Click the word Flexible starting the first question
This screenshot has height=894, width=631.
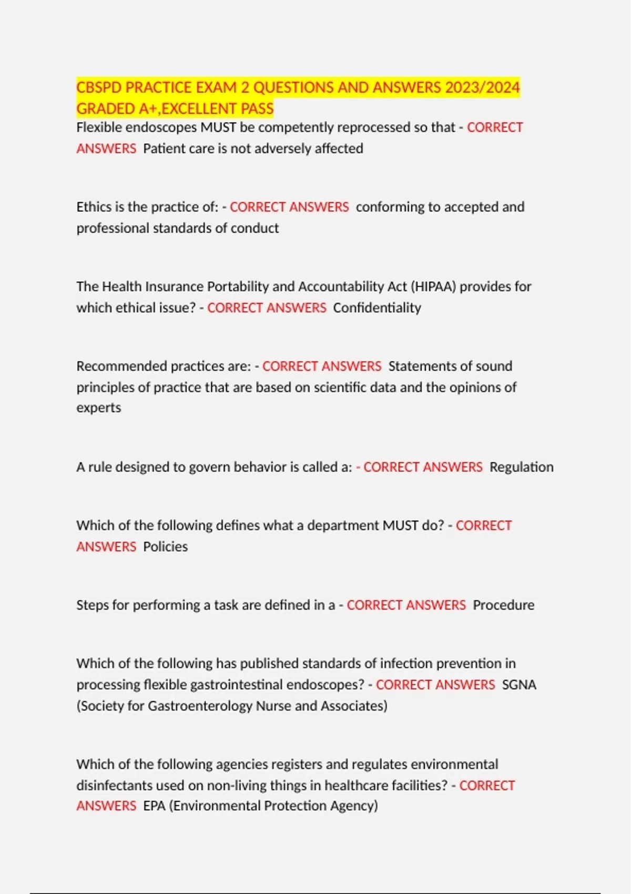pos(99,127)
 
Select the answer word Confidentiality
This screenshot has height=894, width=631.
pos(377,308)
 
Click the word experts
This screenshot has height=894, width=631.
pos(99,408)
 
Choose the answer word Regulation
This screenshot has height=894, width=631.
pos(521,467)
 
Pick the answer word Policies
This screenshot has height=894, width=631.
pos(165,547)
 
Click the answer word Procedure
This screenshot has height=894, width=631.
pos(503,605)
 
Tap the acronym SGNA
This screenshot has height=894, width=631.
pos(519,685)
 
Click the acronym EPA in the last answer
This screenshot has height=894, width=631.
pos(154,806)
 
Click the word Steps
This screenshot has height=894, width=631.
pos(92,605)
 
